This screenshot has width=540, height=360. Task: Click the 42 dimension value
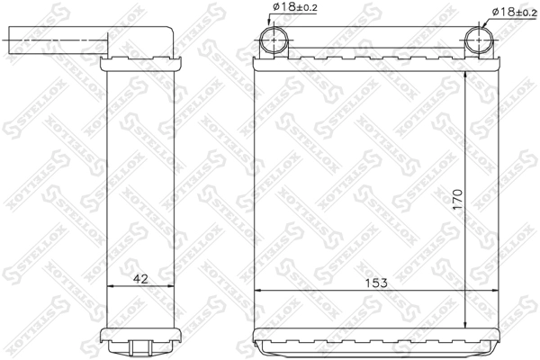(140, 278)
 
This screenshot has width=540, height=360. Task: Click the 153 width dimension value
(376, 283)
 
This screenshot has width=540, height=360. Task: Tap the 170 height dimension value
(457, 199)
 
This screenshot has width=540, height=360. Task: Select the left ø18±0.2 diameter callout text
(295, 7)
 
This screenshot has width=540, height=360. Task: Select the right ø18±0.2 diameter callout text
(515, 12)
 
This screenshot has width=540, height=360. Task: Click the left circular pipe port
(274, 40)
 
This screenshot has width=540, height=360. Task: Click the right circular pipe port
(479, 40)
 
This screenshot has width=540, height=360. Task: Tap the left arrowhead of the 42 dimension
(111, 285)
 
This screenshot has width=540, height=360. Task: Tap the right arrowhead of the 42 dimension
(171, 285)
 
